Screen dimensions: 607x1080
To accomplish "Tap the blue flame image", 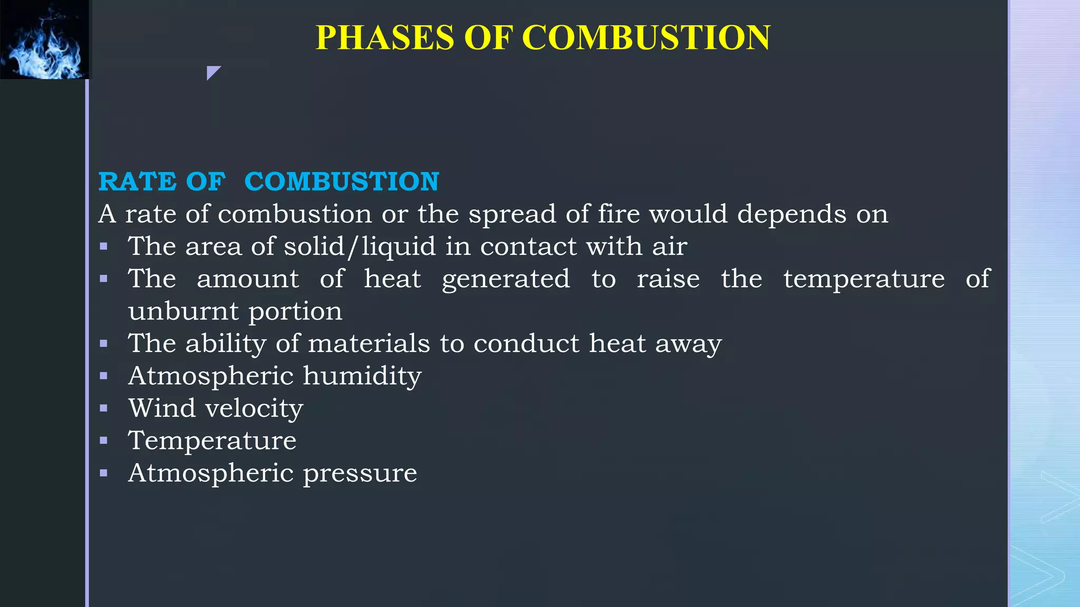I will point(45,40).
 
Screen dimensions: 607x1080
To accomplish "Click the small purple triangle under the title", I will point(213,72).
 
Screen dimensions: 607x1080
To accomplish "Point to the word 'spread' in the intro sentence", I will point(512,214).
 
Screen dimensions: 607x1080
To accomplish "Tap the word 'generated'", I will point(506,279).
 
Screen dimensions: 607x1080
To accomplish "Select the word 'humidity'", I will point(362,376).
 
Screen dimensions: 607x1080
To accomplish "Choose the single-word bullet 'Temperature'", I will point(212,440).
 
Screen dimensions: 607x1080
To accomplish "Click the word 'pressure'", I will point(360,473).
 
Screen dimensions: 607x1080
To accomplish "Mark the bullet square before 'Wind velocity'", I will point(103,408).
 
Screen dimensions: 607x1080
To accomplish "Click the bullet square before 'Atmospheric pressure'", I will point(103,473).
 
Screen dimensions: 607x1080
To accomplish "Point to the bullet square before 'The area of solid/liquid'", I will point(103,246).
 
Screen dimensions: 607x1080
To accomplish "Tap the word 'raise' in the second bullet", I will point(668,279).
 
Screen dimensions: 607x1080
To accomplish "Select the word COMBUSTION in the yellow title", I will point(646,37).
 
